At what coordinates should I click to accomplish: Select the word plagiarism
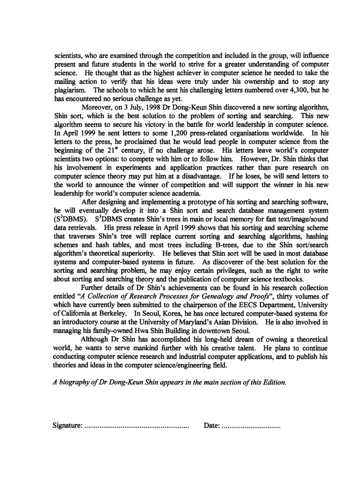[68, 90]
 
